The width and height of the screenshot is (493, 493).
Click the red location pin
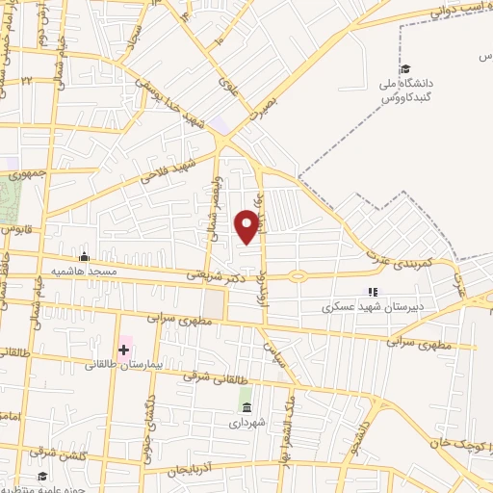click(247, 226)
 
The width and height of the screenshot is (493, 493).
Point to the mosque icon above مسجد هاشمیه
click(85, 256)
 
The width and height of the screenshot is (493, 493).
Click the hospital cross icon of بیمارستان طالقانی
click(123, 348)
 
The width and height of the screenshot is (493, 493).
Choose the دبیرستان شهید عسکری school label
click(371, 308)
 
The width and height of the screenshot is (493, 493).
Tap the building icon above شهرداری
click(246, 405)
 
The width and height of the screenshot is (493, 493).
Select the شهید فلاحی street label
click(168, 171)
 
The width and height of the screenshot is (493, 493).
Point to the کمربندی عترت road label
click(398, 246)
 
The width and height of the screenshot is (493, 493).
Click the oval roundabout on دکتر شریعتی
click(298, 276)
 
